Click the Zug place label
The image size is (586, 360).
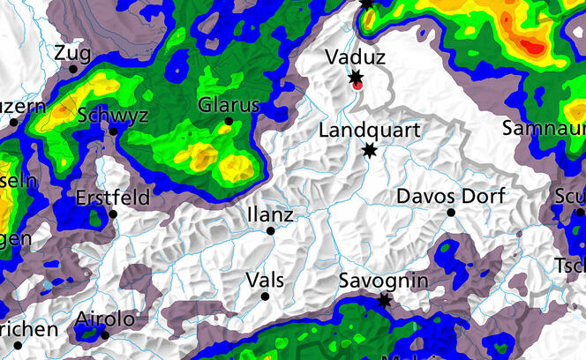[72, 53]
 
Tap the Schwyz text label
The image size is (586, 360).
[113, 116]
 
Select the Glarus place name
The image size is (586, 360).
[229, 105]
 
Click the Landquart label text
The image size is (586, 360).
[367, 131]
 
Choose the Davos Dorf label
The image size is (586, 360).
[451, 195]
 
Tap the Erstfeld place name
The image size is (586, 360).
[113, 197]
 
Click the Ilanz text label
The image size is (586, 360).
[270, 214]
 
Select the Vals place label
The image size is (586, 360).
[265, 280]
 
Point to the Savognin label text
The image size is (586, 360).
[384, 281]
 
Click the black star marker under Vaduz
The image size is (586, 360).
[356, 77]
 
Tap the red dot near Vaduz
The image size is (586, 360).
[357, 86]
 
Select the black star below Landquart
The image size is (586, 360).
[369, 150]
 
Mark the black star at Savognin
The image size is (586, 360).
[384, 301]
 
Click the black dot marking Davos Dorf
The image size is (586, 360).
[450, 213]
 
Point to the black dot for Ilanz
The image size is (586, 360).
[271, 231]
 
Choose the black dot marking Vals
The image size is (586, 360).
[265, 296]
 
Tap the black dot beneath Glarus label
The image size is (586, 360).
[229, 121]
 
